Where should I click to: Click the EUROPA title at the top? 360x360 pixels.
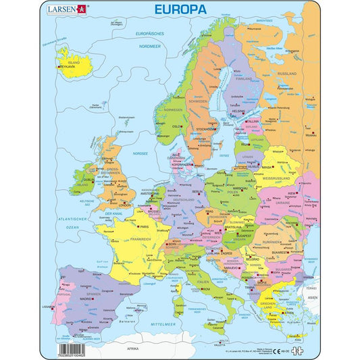(x=179, y=10)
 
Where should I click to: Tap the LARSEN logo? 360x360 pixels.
(x=67, y=9)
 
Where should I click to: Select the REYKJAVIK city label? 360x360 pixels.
(x=68, y=70)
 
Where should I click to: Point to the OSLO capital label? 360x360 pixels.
(x=178, y=126)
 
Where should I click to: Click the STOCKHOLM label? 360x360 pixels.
(x=205, y=128)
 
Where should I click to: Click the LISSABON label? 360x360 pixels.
(x=49, y=306)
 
